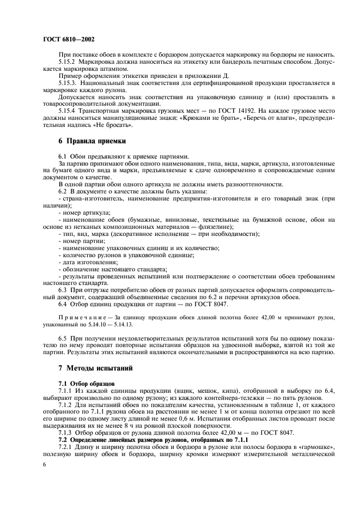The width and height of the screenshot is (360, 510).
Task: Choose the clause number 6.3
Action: click(63, 290)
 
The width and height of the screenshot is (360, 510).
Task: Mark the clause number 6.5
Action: click(63, 338)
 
